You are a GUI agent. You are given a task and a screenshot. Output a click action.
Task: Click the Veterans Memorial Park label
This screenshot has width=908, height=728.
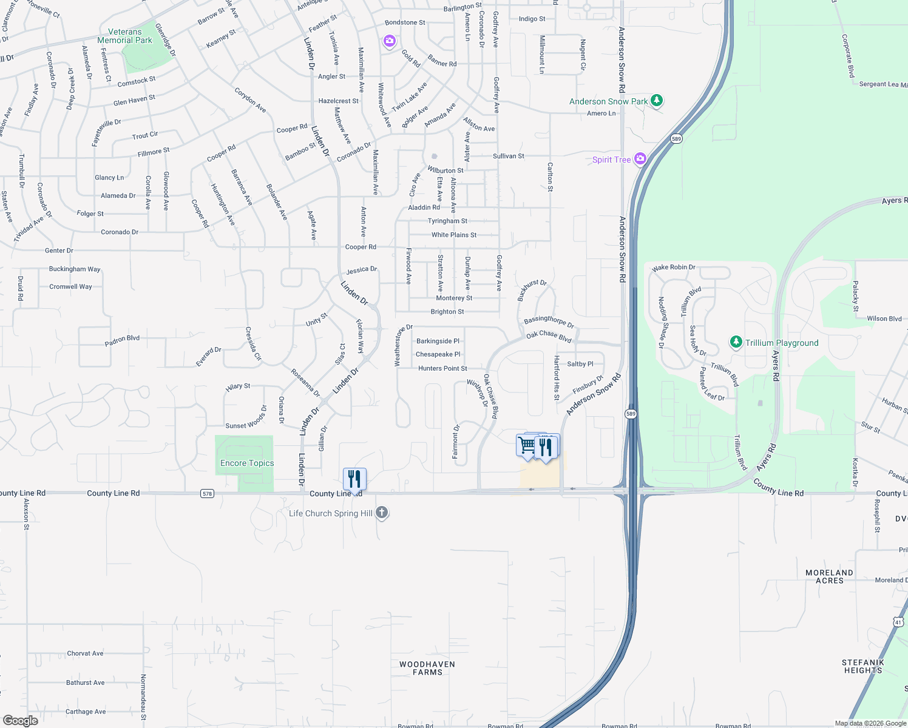pyautogui.click(x=125, y=36)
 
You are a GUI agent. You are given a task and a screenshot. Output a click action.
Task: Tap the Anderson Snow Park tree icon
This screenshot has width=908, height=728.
pyautogui.click(x=656, y=101)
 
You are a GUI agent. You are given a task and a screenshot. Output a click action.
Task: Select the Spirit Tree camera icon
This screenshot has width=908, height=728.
pyautogui.click(x=640, y=159)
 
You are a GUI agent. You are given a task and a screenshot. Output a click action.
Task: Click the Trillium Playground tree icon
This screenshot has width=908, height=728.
pyautogui.click(x=736, y=342)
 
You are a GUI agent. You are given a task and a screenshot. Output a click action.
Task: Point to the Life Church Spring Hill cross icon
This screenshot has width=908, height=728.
pyautogui.click(x=382, y=513)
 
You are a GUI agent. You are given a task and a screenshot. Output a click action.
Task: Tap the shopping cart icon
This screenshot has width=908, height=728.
pyautogui.click(x=527, y=445)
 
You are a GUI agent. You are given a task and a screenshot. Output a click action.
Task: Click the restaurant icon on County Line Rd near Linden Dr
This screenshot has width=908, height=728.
pyautogui.click(x=354, y=478)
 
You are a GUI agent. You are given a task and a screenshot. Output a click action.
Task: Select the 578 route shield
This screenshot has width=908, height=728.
pyautogui.click(x=207, y=494)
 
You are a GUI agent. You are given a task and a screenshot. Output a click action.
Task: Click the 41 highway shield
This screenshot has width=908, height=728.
pyautogui.click(x=898, y=622)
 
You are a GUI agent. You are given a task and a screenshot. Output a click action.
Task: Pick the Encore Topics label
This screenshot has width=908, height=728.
pyautogui.click(x=247, y=463)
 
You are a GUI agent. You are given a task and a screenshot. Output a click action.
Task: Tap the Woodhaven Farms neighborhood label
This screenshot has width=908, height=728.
pyautogui.click(x=427, y=668)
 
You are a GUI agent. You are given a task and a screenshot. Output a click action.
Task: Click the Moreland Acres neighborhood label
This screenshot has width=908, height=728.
pyautogui.click(x=829, y=576)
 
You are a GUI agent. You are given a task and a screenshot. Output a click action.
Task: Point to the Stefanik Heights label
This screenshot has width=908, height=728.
pyautogui.click(x=862, y=666)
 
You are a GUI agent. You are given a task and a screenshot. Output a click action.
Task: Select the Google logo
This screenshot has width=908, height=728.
pyautogui.click(x=21, y=720)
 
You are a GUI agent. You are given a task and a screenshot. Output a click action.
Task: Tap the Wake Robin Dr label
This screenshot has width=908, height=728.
pyautogui.click(x=673, y=268)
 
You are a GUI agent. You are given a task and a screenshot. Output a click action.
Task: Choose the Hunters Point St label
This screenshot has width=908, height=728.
pyautogui.click(x=442, y=368)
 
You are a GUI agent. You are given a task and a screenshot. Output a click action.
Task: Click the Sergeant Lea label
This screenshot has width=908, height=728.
pyautogui.click(x=883, y=84)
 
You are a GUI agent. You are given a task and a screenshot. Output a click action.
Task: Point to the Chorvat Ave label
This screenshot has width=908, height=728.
pyautogui.click(x=85, y=653)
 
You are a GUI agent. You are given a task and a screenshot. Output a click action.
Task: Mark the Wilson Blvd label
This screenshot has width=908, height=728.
pyautogui.click(x=884, y=318)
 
